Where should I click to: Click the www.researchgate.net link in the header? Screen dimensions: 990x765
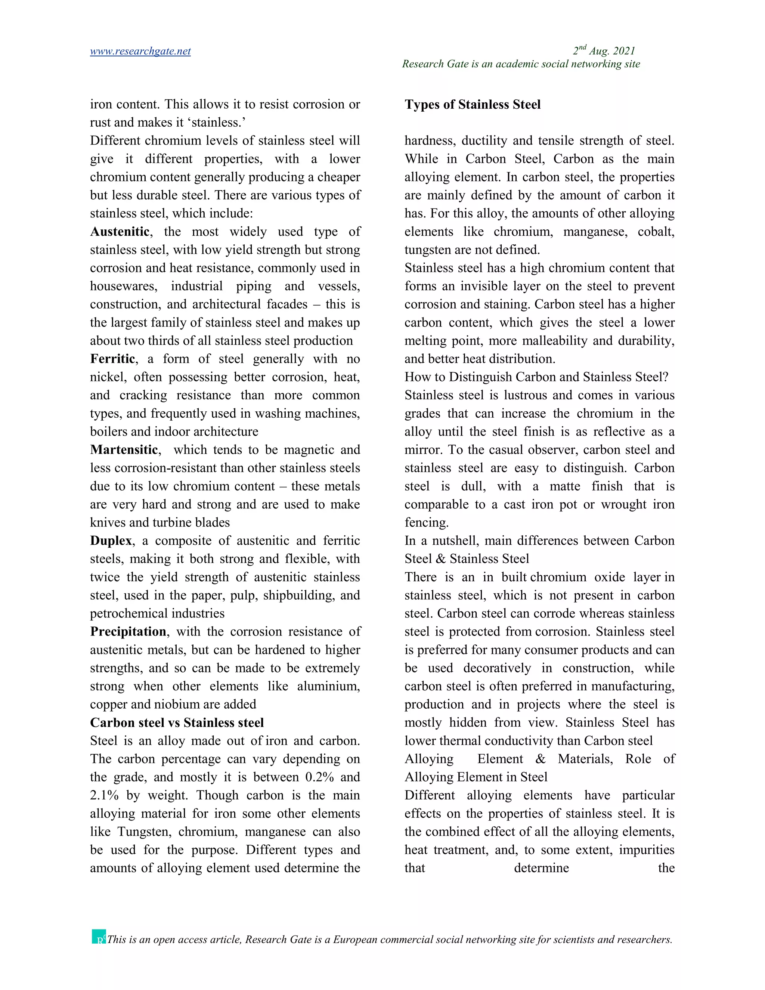[x=140, y=51]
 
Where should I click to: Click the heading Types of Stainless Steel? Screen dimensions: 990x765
[x=472, y=105]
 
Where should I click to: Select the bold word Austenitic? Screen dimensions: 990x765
[x=120, y=232]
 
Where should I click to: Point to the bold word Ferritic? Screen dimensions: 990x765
[x=112, y=359]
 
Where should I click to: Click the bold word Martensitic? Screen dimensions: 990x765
[x=124, y=450]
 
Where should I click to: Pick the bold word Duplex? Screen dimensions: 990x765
[x=111, y=541]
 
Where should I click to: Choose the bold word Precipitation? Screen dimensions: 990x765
[x=128, y=631]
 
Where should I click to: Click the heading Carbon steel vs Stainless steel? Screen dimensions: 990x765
[x=177, y=723]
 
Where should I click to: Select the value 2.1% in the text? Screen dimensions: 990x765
[x=104, y=795]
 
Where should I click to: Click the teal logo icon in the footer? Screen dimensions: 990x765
[x=99, y=937]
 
